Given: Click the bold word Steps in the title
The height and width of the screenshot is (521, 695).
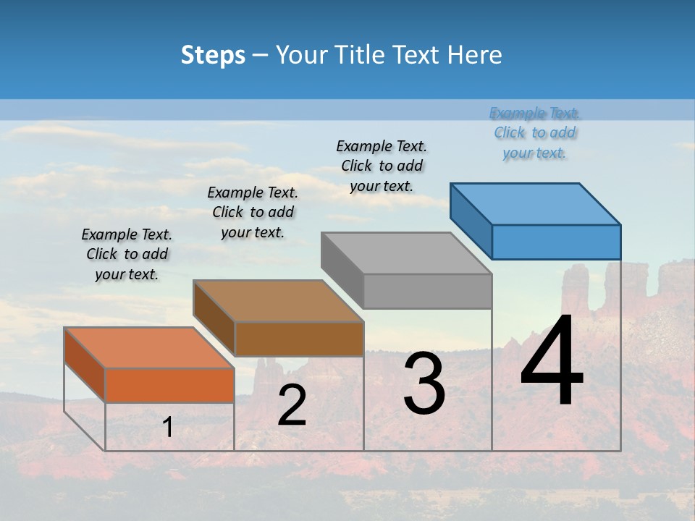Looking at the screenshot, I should [x=213, y=56].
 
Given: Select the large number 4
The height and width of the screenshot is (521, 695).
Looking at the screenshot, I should [x=552, y=361].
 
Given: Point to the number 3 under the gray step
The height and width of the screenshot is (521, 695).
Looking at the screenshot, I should [x=424, y=384].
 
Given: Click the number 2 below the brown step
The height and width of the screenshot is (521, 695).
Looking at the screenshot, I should [x=292, y=405].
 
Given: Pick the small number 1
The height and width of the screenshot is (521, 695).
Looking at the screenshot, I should [x=168, y=428].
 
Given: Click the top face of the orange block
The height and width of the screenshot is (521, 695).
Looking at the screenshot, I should [x=148, y=348].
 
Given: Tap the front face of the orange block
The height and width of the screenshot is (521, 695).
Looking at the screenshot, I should [x=169, y=385].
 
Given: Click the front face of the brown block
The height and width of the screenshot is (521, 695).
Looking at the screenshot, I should [x=299, y=339].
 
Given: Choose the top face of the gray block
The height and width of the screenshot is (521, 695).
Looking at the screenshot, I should [x=405, y=253].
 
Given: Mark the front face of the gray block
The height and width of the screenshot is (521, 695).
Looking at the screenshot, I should [x=427, y=291].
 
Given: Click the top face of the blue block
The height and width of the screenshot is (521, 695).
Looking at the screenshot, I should [x=534, y=204].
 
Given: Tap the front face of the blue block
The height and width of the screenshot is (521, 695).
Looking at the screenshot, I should [x=556, y=242].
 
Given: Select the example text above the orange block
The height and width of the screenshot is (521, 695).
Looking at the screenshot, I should [x=127, y=254].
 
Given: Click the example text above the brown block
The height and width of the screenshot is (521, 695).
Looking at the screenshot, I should [x=253, y=212].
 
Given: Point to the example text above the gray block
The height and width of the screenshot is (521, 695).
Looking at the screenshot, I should [x=382, y=166].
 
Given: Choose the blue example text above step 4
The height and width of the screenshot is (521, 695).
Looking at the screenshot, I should [x=535, y=132].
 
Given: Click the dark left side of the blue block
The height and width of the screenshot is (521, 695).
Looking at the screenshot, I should [x=471, y=221].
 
